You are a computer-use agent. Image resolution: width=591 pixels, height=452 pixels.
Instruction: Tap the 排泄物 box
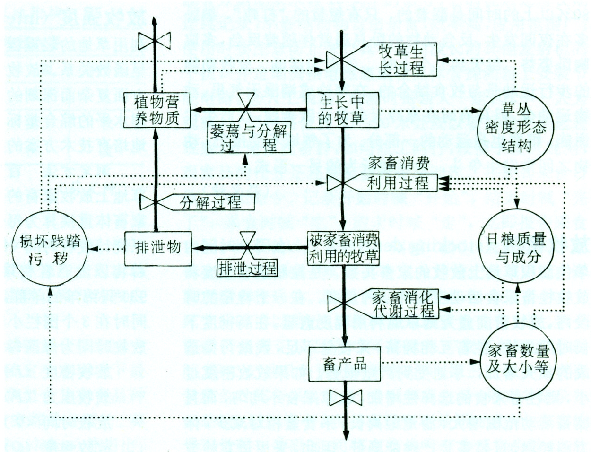click(158, 248)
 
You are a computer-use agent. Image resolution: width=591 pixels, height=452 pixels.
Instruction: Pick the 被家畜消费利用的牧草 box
click(344, 248)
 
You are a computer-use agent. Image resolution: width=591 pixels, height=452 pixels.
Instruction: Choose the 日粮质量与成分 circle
click(517, 248)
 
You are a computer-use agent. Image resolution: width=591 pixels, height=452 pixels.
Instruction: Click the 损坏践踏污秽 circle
click(50, 249)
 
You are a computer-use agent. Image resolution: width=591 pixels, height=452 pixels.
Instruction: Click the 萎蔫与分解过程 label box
click(248, 138)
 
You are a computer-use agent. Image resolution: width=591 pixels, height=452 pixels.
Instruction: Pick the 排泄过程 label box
click(247, 268)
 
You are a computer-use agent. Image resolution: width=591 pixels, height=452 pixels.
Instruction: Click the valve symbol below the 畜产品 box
click(345, 398)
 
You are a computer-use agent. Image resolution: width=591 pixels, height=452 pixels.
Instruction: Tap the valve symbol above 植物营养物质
click(154, 40)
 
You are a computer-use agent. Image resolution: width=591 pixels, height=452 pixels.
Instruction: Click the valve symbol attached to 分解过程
click(154, 202)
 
